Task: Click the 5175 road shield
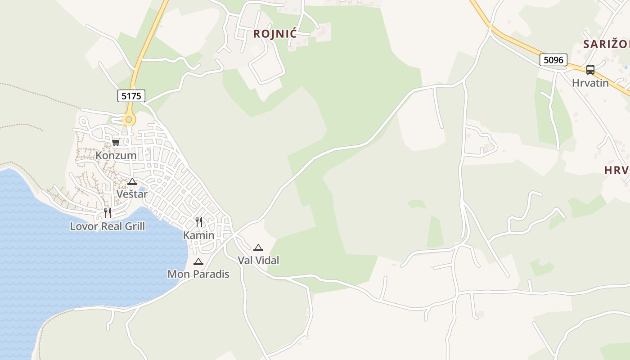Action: [131, 96]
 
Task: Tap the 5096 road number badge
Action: [553, 60]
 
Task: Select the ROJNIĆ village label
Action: [275, 34]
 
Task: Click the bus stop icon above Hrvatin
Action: [590, 70]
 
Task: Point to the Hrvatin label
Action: [590, 83]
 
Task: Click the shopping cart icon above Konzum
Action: [116, 143]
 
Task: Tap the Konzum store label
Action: [116, 156]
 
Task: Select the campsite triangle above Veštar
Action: [132, 181]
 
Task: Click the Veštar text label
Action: [132, 194]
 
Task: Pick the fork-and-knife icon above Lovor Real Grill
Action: [108, 213]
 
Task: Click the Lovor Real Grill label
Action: [108, 226]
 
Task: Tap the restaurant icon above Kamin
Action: [199, 222]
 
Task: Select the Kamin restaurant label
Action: [198, 235]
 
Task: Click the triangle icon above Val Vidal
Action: [258, 247]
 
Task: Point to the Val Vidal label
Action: [258, 260]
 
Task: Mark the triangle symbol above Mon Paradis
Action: [198, 261]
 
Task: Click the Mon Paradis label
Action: [198, 274]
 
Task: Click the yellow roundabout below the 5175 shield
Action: [129, 120]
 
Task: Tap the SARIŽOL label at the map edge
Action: [606, 44]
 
